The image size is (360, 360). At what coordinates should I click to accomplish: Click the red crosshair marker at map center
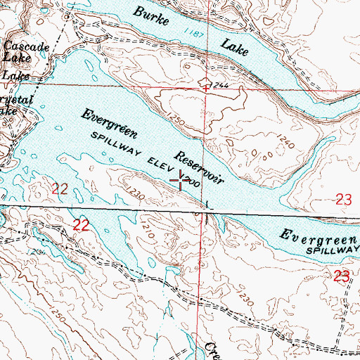click(x=182, y=181)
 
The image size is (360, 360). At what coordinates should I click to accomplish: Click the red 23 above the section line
click(x=343, y=201)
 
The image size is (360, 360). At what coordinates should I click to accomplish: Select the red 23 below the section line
click(x=342, y=276)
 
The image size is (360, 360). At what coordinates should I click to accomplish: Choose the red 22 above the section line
click(x=60, y=186)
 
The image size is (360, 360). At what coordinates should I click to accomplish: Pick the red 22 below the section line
click(x=82, y=225)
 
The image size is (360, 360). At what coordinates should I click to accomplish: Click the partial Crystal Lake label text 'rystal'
click(x=18, y=99)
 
